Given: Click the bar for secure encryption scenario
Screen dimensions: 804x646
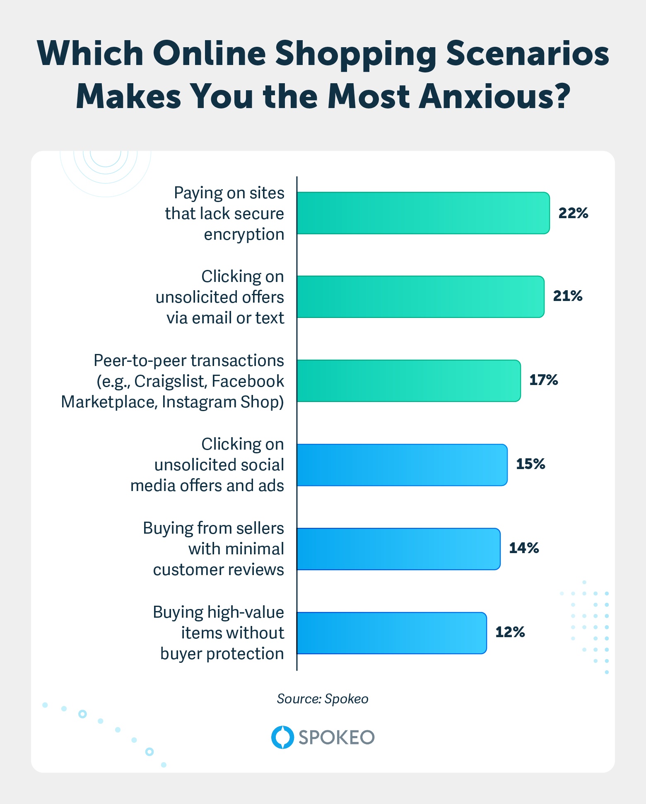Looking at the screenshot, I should pyautogui.click(x=423, y=213).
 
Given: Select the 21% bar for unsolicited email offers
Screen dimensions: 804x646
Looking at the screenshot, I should pyautogui.click(x=420, y=297).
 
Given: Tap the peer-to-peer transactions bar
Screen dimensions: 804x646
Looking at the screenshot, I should pyautogui.click(x=408, y=381).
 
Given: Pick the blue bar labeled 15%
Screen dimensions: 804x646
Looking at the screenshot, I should pyautogui.click(x=402, y=465).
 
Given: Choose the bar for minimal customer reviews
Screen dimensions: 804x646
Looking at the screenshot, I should pyautogui.click(x=398, y=549).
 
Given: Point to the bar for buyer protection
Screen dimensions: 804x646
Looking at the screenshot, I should pyautogui.click(x=391, y=633).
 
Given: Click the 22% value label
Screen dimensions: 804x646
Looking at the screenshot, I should pyautogui.click(x=573, y=213).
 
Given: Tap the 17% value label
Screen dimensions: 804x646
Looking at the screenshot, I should pyautogui.click(x=543, y=380).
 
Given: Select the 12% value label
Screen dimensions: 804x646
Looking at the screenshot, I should pyautogui.click(x=510, y=632).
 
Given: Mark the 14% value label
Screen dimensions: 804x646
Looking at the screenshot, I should pyautogui.click(x=523, y=548).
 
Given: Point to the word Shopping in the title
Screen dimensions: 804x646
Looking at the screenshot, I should pyautogui.click(x=356, y=54).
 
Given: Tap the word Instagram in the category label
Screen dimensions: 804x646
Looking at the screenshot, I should pyautogui.click(x=193, y=402).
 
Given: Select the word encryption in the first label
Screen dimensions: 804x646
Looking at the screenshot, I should pyautogui.click(x=244, y=235).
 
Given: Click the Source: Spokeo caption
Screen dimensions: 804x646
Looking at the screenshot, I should pyautogui.click(x=322, y=699).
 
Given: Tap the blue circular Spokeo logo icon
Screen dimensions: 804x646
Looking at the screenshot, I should pyautogui.click(x=282, y=737).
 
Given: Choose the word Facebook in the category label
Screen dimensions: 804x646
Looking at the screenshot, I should pyautogui.click(x=248, y=381).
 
